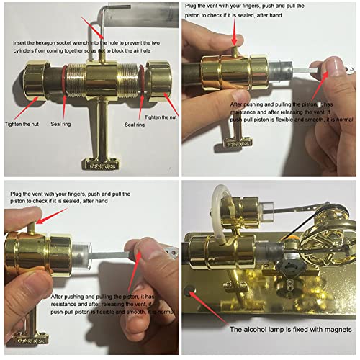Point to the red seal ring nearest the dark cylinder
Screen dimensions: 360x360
[x=66, y=77]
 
